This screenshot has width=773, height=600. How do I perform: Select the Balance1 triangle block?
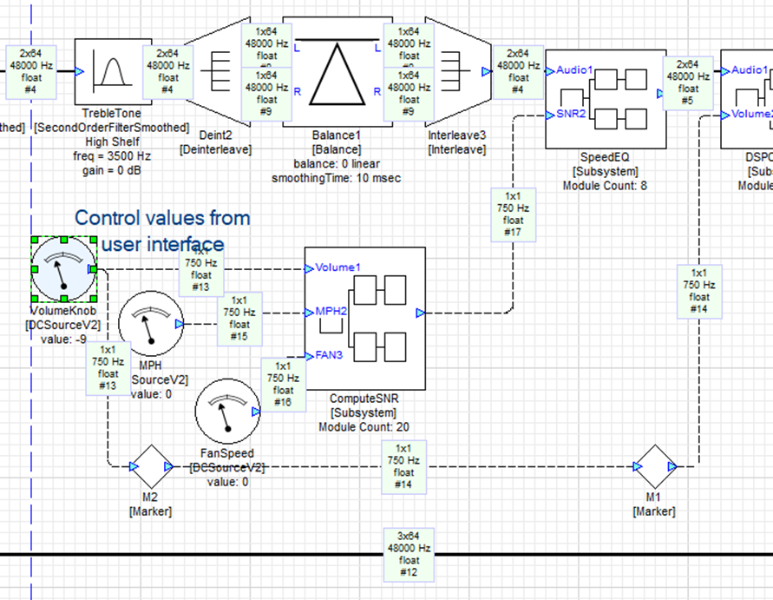(x=333, y=71)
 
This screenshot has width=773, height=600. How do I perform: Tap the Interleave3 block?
(x=455, y=71)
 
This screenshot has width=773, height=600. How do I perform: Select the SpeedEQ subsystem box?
(x=606, y=99)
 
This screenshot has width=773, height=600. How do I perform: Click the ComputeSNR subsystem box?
(x=364, y=318)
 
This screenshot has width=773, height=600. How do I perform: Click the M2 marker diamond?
(x=151, y=467)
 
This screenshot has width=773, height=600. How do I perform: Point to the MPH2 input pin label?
(x=331, y=311)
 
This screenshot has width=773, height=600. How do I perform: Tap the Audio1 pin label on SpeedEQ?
(x=574, y=69)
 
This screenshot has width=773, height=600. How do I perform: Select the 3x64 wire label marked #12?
(x=408, y=554)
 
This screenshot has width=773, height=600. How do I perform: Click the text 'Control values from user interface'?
(x=162, y=231)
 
